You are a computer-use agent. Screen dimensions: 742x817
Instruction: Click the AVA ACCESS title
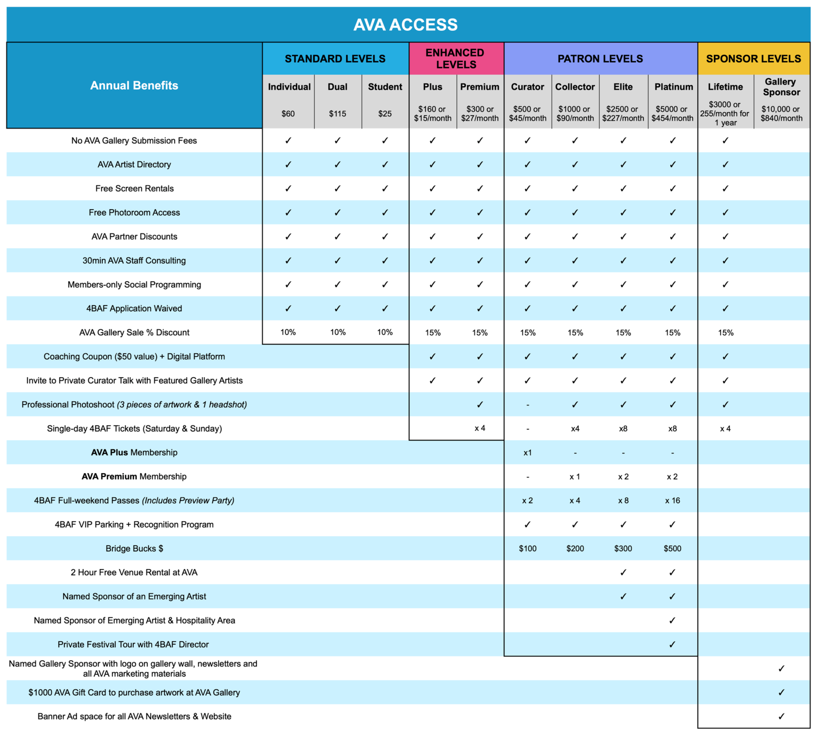coord(405,25)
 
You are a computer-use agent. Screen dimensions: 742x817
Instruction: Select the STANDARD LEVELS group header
coord(335,59)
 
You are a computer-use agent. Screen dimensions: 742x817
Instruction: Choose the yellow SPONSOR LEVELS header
coord(753,59)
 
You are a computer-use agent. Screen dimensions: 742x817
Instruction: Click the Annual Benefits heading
coord(134,85)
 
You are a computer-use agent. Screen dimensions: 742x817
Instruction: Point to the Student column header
coord(385,87)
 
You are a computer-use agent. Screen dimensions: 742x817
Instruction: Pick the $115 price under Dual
coord(337,114)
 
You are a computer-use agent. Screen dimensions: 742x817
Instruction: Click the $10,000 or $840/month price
coord(781,114)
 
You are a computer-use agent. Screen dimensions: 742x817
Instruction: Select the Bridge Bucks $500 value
coord(672,549)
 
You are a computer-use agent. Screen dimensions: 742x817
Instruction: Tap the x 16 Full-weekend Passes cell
coord(672,500)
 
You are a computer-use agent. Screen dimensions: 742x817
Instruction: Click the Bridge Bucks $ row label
coord(134,549)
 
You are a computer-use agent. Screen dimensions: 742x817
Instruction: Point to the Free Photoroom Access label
coord(134,213)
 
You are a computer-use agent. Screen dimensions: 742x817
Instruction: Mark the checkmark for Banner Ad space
coord(781,717)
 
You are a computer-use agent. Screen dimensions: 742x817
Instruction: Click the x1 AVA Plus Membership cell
coord(527,453)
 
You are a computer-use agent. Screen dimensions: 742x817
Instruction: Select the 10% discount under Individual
coord(288,332)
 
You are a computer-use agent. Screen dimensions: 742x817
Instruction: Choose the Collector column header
coord(575,87)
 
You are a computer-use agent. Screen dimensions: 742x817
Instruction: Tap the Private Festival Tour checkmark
coord(672,644)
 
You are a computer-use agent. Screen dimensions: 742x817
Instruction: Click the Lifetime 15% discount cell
coord(725,333)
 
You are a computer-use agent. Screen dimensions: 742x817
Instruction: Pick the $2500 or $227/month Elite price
coord(623,114)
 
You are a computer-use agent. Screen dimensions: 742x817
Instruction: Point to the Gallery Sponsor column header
coord(781,87)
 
